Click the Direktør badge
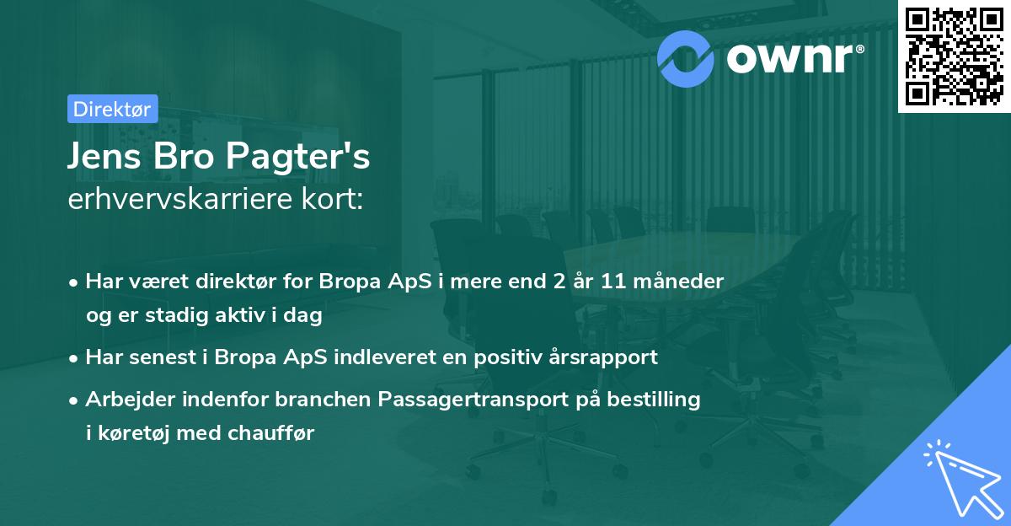112,109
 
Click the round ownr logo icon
684,56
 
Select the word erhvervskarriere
174,201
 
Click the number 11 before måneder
613,282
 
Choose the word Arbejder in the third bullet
127,399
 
